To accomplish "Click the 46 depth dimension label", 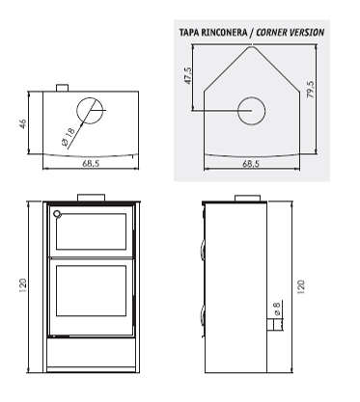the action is coord(23,123).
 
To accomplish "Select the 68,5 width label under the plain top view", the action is coord(91,163).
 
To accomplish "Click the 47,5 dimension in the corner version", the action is coord(188,76).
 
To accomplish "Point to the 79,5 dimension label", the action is coord(311,90).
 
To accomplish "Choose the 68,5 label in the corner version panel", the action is coord(251,163).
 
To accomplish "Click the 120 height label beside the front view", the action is coord(23,285).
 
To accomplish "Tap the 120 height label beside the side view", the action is coord(301,287).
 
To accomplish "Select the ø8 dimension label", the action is coord(277,308).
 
